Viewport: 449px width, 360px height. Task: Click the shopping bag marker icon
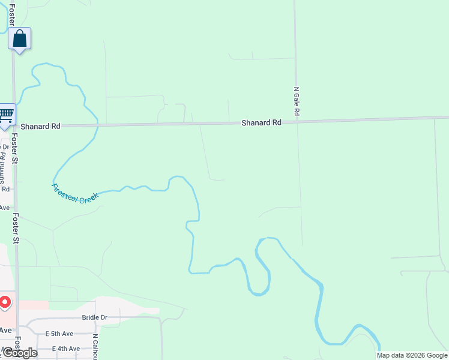pyautogui.click(x=19, y=39)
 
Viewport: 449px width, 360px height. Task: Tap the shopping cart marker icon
pyautogui.click(x=6, y=115)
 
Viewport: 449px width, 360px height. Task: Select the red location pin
pyautogui.click(x=4, y=302)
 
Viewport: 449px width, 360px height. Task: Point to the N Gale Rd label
pyautogui.click(x=296, y=101)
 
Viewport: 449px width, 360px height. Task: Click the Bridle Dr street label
pyautogui.click(x=94, y=317)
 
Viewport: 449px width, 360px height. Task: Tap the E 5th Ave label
pyautogui.click(x=59, y=334)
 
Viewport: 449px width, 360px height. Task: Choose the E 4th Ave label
pyautogui.click(x=66, y=349)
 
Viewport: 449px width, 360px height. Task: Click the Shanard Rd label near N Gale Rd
pyautogui.click(x=261, y=122)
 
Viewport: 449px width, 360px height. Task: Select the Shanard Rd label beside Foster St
pyautogui.click(x=40, y=127)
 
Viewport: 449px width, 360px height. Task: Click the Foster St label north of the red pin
pyautogui.click(x=16, y=229)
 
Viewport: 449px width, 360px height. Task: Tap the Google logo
pyautogui.click(x=19, y=353)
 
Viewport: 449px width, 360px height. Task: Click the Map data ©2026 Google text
pyautogui.click(x=412, y=355)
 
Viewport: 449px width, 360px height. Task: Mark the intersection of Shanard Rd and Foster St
pyautogui.click(x=14, y=127)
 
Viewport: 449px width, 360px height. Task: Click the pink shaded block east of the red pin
pyautogui.click(x=34, y=305)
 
